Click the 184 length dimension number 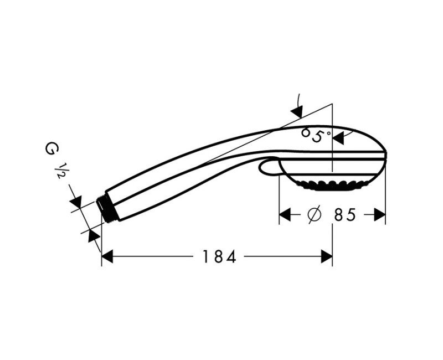(x=219, y=257)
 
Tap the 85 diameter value (x=344, y=215)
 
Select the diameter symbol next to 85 (x=314, y=215)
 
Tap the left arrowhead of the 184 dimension (x=107, y=256)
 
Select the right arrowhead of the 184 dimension (x=327, y=256)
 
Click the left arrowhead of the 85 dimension (x=285, y=215)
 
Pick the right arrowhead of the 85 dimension (x=380, y=215)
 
